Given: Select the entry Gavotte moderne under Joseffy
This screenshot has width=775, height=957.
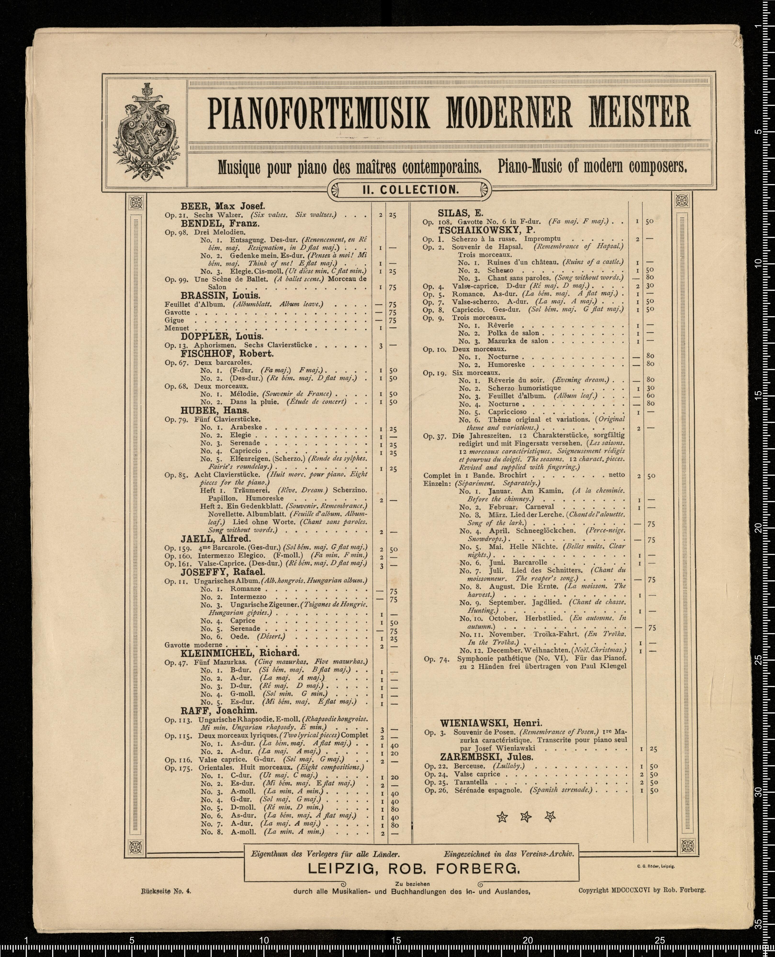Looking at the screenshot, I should (x=193, y=645).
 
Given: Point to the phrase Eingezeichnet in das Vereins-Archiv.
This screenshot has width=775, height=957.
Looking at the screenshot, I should (x=509, y=854).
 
